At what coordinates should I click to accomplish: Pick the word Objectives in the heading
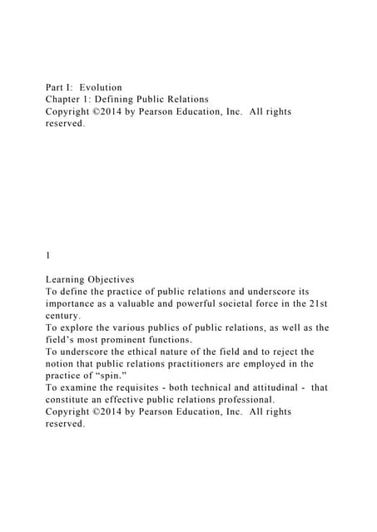126,279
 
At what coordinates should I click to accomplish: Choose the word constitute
72,400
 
